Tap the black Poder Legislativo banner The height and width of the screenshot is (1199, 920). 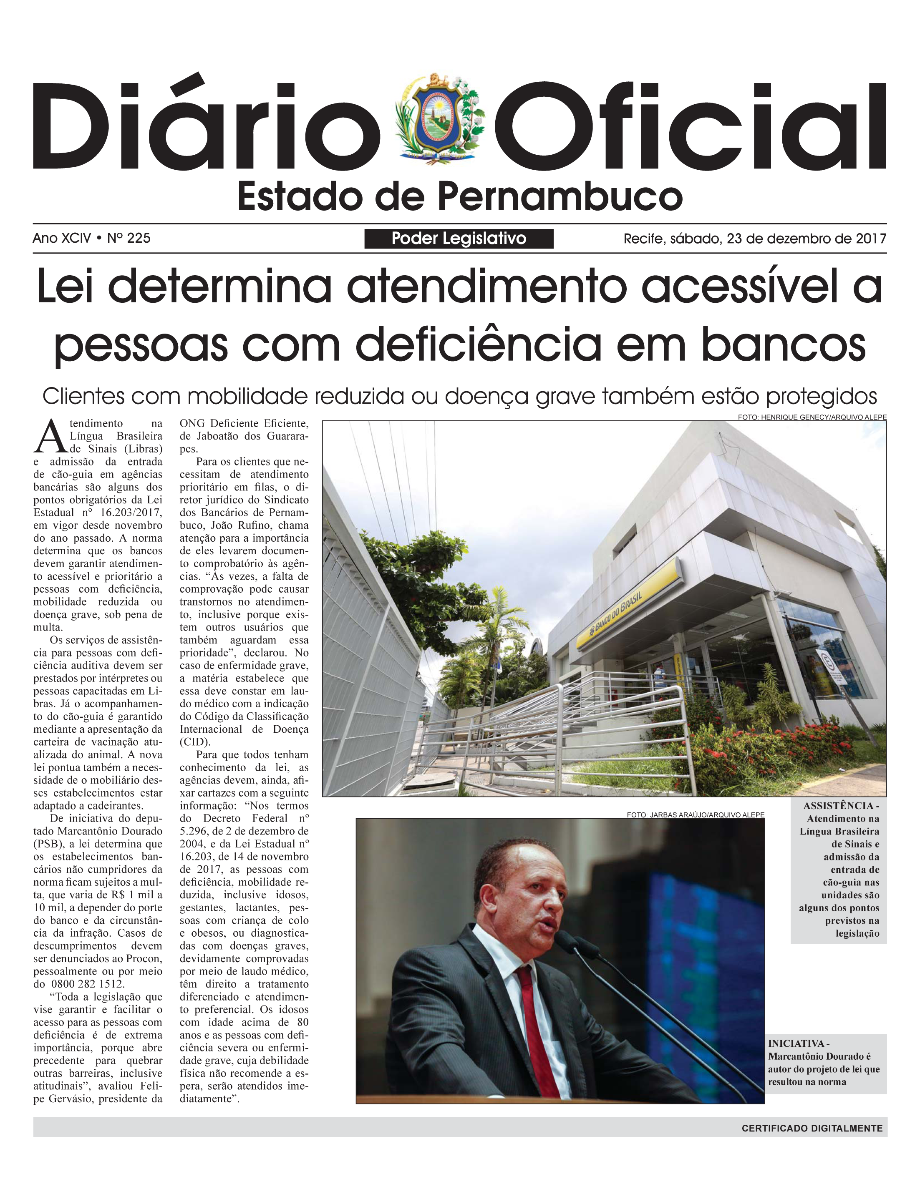459,239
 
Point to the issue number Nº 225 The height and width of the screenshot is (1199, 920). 128,238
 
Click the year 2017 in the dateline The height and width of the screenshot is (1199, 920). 871,239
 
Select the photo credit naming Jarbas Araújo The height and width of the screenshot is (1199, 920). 695,815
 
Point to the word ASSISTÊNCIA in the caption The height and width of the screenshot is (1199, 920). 838,806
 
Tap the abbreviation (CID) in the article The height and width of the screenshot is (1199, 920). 194,742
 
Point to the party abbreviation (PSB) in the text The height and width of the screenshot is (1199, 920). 49,844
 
